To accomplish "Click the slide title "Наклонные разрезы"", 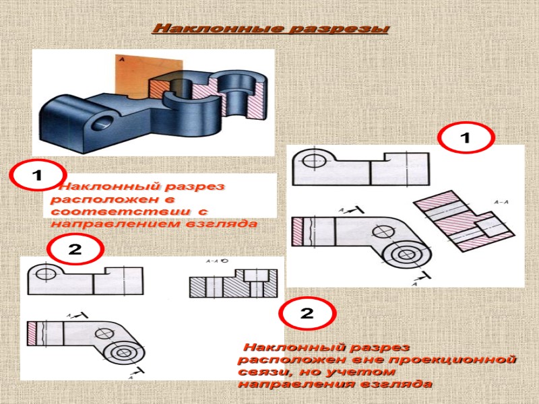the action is [x=271, y=29].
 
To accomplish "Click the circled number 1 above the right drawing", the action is [x=466, y=138].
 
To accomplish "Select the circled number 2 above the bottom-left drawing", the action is [x=75, y=249].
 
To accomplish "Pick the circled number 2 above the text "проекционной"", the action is [x=307, y=314].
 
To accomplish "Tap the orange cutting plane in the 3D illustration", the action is [x=135, y=71].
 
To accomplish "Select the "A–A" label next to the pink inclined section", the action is [x=501, y=201].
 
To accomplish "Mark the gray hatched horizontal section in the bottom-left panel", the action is [x=232, y=285].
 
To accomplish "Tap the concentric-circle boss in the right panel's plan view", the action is [x=406, y=255].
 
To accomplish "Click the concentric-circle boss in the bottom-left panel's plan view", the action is [x=123, y=353].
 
